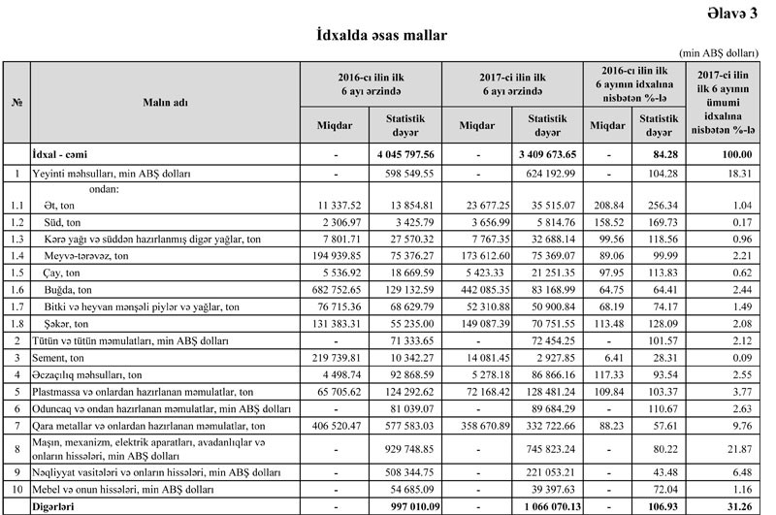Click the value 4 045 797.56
tap(404, 154)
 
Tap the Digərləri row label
tap(56, 506)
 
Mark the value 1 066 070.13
tap(542, 506)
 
